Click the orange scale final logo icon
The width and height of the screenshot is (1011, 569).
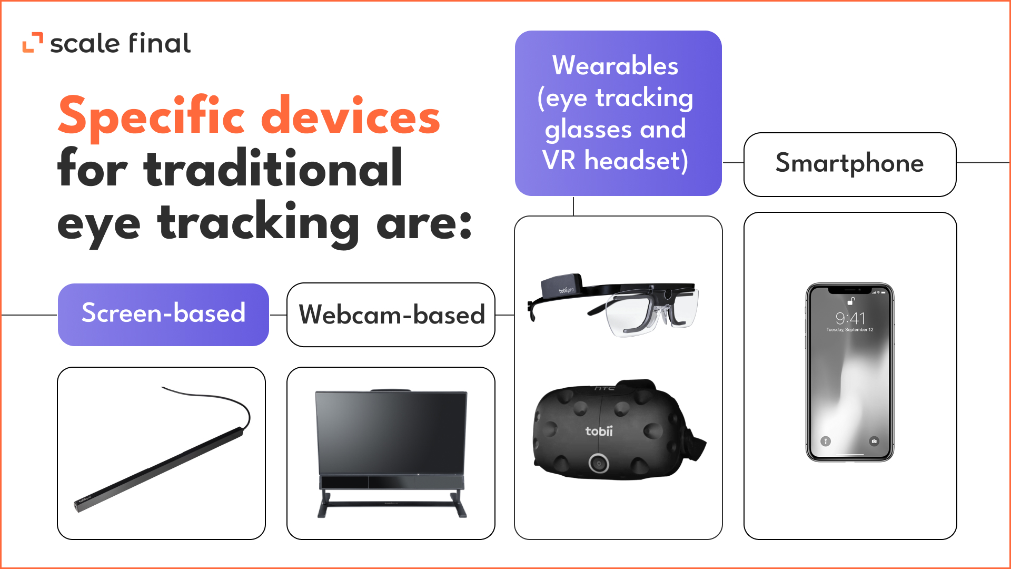[32, 43]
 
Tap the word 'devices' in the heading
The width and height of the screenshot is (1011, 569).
[350, 116]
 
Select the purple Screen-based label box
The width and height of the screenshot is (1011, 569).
[163, 315]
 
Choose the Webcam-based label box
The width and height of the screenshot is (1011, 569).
[391, 315]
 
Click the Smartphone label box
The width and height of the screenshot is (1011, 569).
[849, 164]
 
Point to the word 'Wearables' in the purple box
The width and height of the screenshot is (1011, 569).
[615, 66]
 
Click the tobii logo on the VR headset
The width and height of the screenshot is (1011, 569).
[599, 431]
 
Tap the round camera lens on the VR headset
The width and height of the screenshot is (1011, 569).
[599, 463]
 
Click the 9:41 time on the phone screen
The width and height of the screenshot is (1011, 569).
[850, 318]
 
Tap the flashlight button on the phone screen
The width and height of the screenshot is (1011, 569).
[826, 441]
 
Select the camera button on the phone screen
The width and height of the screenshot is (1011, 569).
[874, 441]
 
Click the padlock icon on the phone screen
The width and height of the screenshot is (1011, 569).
[850, 301]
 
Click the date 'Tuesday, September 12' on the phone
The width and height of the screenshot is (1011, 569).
[850, 330]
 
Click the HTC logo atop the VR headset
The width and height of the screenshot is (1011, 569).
[604, 389]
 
